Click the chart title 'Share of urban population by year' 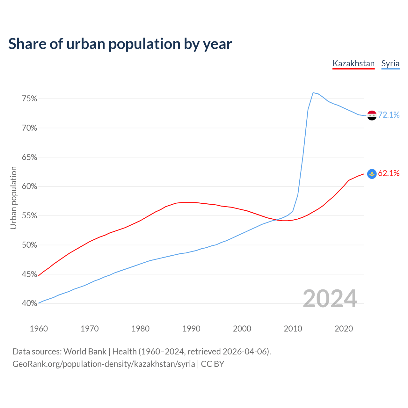pyautogui.click(x=120, y=44)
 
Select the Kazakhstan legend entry pyautogui.click(x=353, y=63)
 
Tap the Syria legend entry pyautogui.click(x=390, y=63)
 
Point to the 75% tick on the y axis pyautogui.click(x=29, y=99)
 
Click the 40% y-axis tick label pyautogui.click(x=29, y=303)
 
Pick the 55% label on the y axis pyautogui.click(x=29, y=216)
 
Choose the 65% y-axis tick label pyautogui.click(x=29, y=157)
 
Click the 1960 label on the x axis pyautogui.click(x=39, y=329)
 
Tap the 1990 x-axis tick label pyautogui.click(x=191, y=329)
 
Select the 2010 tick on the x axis pyautogui.click(x=293, y=329)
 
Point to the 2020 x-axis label pyautogui.click(x=344, y=329)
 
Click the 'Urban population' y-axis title pyautogui.click(x=13, y=198)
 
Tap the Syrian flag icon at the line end pyautogui.click(x=372, y=115)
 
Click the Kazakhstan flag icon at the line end pyautogui.click(x=372, y=174)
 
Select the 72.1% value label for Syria pyautogui.click(x=389, y=115)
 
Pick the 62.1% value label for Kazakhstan pyautogui.click(x=389, y=173)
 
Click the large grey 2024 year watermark pyautogui.click(x=330, y=299)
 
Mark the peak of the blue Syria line pyautogui.click(x=313, y=93)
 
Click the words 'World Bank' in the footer pyautogui.click(x=85, y=352)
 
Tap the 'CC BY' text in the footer pyautogui.click(x=213, y=364)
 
